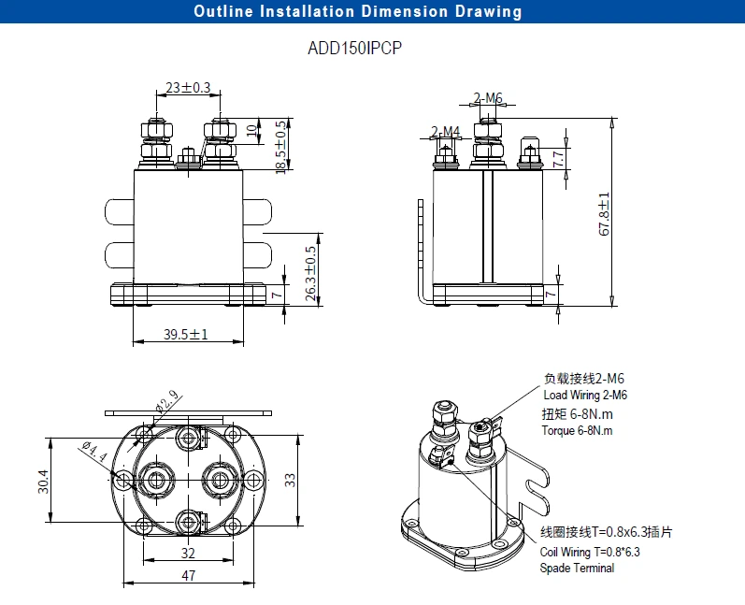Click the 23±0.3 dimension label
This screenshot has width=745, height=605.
tap(188, 88)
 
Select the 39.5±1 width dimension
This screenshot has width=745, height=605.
tap(186, 334)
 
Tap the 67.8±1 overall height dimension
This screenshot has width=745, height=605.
tap(604, 214)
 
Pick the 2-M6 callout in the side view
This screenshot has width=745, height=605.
tap(488, 98)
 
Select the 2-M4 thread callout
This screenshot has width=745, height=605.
tap(445, 131)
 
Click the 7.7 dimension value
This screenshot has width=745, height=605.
tap(558, 159)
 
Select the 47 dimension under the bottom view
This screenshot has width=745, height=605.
tap(189, 576)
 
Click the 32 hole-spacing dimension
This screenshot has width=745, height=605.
tap(189, 552)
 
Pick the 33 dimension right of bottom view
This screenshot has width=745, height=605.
tap(291, 479)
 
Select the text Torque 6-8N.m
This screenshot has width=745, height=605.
tap(578, 430)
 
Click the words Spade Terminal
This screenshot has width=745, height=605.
tap(577, 568)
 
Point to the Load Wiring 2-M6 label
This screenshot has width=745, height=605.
tap(585, 396)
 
